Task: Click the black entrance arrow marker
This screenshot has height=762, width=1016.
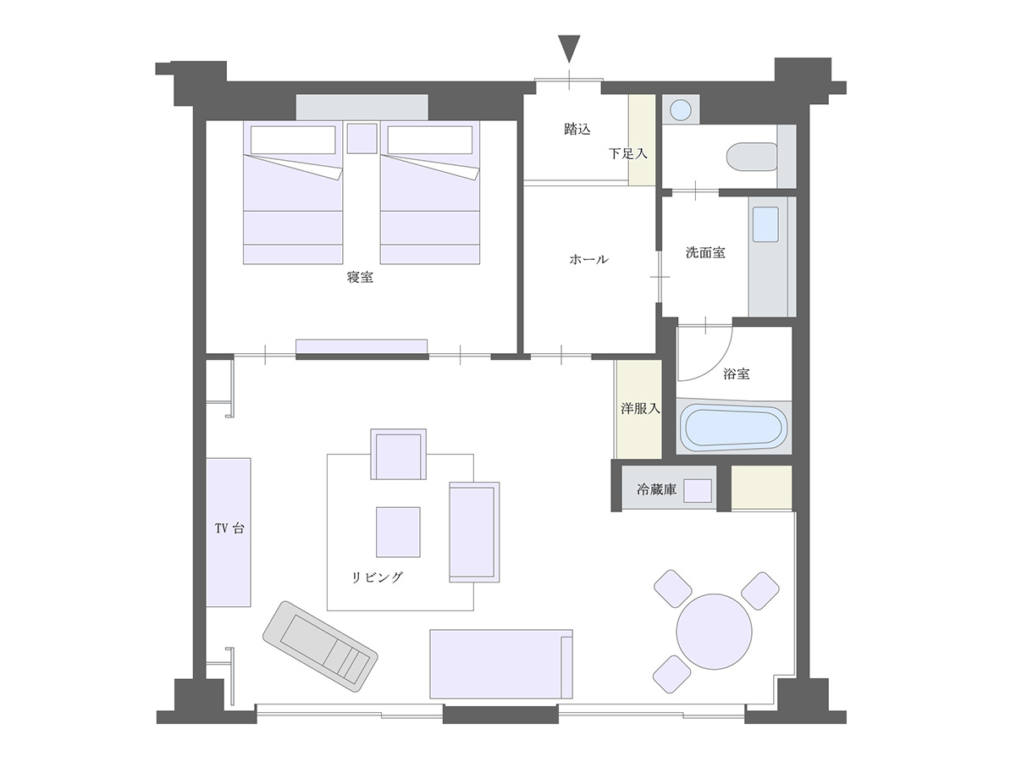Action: [570, 47]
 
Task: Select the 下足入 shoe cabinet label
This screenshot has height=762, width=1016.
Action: [627, 154]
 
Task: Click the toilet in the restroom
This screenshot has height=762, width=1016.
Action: [752, 157]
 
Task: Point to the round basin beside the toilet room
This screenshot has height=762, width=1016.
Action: [680, 109]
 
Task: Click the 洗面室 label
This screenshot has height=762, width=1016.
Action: [704, 252]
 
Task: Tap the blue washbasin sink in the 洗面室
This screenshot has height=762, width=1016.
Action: [765, 226]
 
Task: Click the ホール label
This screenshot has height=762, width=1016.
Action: [588, 260]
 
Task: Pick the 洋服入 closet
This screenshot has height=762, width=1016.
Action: [639, 409]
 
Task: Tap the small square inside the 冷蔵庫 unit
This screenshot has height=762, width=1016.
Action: [698, 490]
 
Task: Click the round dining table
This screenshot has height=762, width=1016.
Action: [715, 631]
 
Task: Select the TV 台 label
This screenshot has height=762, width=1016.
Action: [229, 529]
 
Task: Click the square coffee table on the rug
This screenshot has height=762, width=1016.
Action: [398, 532]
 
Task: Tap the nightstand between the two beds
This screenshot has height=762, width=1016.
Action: [362, 138]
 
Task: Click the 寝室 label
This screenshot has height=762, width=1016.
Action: [361, 277]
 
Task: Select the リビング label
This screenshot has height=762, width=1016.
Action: [378, 578]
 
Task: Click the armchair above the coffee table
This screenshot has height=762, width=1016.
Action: [398, 456]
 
